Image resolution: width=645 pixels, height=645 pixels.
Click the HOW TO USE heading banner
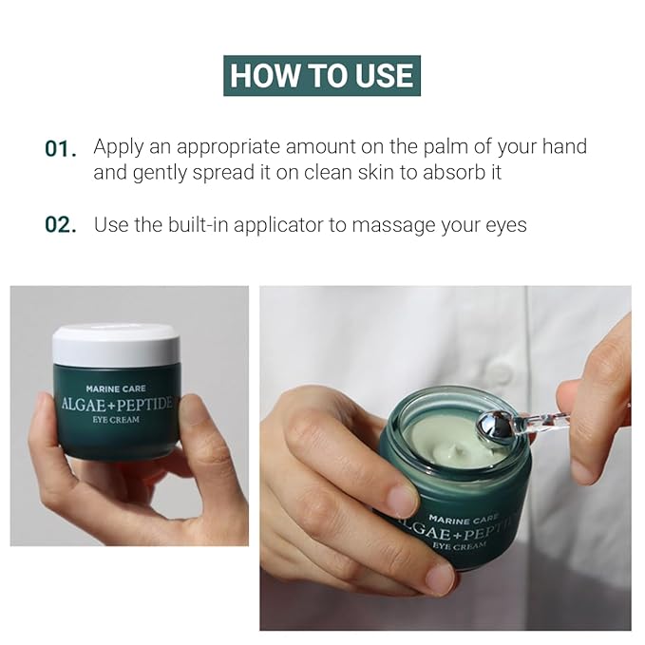coord(322,75)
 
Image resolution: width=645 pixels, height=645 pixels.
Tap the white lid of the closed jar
coord(116,345)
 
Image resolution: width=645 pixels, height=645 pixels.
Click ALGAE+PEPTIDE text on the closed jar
coord(116,404)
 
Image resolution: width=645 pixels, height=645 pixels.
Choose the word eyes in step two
coord(503,226)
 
